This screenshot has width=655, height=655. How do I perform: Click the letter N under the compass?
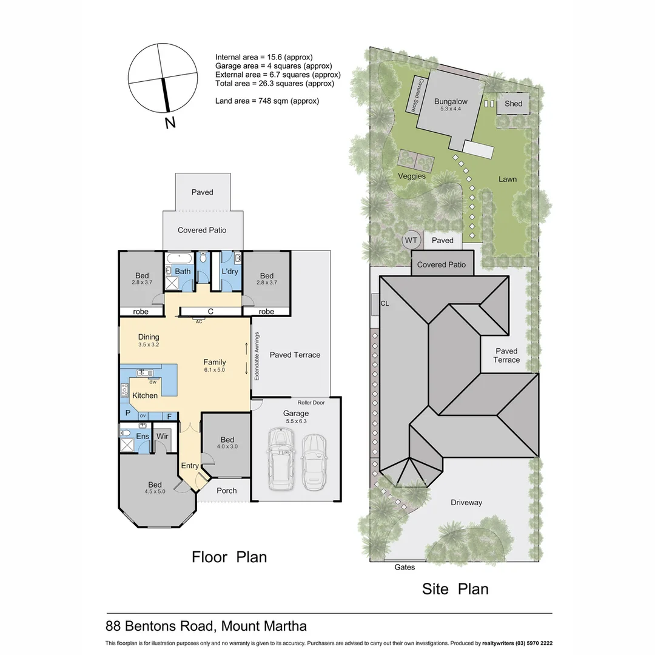[170, 123]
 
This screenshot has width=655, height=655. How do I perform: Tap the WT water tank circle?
[411, 240]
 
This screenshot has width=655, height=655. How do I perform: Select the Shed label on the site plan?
[513, 104]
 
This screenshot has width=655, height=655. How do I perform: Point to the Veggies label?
[412, 176]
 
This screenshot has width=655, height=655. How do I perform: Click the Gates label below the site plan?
[405, 567]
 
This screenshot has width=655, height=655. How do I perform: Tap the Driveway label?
[466, 502]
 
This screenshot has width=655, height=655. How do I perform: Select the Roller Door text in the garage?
[311, 403]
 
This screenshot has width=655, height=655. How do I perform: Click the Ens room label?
[143, 436]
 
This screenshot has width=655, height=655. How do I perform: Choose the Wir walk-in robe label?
[162, 436]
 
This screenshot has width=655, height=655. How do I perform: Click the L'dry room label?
[230, 271]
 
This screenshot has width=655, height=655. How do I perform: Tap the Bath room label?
[183, 271]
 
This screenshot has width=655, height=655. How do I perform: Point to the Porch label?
[226, 490]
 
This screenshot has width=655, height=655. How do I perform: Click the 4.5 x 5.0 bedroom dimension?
[155, 492]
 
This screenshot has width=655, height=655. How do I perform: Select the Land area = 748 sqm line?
[267, 101]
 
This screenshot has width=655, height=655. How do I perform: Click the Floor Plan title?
[229, 557]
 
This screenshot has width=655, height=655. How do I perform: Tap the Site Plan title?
[455, 588]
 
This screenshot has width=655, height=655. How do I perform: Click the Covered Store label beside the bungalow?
[417, 94]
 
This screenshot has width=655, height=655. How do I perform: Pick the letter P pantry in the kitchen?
[128, 412]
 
